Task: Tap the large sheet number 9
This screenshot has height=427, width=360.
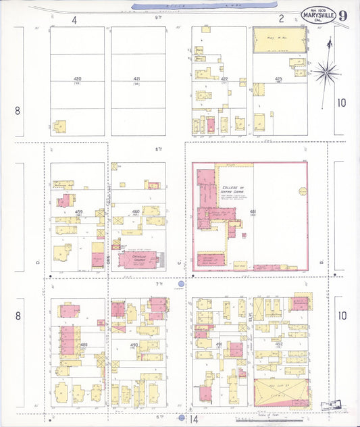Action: tap(344, 15)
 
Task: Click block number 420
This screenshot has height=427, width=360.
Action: tap(77, 79)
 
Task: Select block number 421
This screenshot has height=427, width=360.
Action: tap(137, 79)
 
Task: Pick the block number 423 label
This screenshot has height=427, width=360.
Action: tap(278, 79)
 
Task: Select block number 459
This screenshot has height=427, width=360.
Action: tap(79, 212)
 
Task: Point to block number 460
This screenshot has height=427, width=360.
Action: tap(136, 212)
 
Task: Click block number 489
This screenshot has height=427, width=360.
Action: tap(84, 345)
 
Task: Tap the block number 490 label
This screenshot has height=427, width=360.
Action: tap(134, 345)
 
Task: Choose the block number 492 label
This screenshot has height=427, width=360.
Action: tap(279, 345)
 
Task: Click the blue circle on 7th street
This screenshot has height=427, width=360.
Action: tap(181, 284)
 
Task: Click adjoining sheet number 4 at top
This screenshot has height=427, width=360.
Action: tap(74, 20)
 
